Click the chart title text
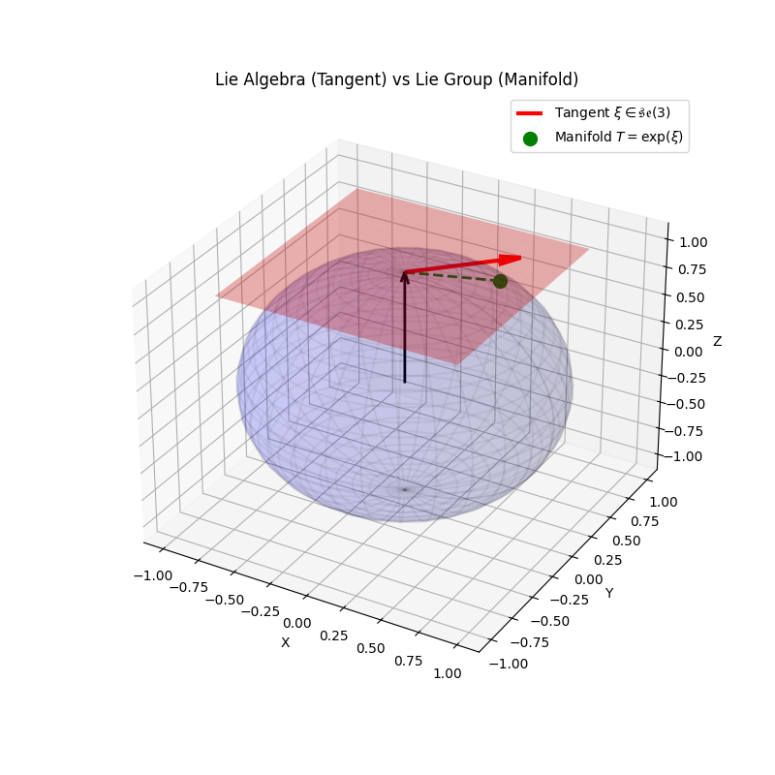(397, 79)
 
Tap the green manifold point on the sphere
(500, 281)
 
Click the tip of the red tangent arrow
(519, 257)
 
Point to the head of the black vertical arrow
(405, 277)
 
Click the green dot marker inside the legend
(530, 139)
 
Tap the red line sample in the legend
(530, 113)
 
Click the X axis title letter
(285, 642)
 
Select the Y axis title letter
(609, 592)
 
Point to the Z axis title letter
(717, 341)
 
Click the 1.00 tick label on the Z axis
(691, 242)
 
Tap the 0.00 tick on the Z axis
(691, 351)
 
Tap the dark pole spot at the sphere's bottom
(404, 489)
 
